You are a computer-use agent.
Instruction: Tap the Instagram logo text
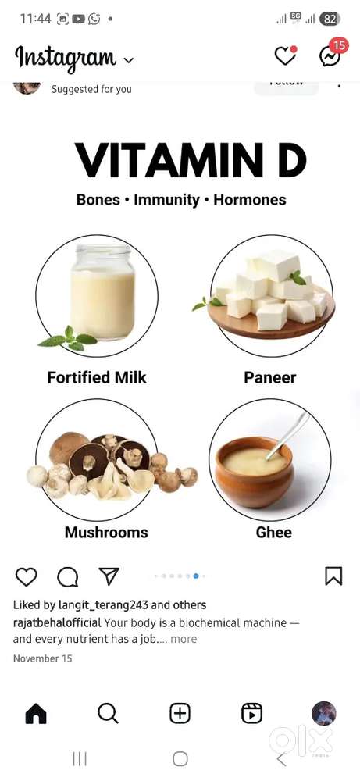66,57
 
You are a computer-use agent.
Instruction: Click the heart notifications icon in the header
285,56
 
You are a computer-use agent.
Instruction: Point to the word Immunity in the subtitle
166,200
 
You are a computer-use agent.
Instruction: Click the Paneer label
269,378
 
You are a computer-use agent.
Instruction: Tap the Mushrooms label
106,533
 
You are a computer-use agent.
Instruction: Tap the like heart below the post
27,576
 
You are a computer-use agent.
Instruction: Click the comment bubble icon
68,576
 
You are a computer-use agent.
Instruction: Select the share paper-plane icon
109,576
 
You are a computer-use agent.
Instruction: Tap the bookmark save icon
333,576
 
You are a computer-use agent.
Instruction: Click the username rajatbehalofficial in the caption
57,623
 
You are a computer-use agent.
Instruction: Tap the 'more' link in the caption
184,639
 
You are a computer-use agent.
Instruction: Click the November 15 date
43,659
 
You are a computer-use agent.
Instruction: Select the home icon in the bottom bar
36,713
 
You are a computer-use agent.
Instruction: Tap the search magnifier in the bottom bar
108,713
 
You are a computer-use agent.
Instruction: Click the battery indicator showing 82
330,19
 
